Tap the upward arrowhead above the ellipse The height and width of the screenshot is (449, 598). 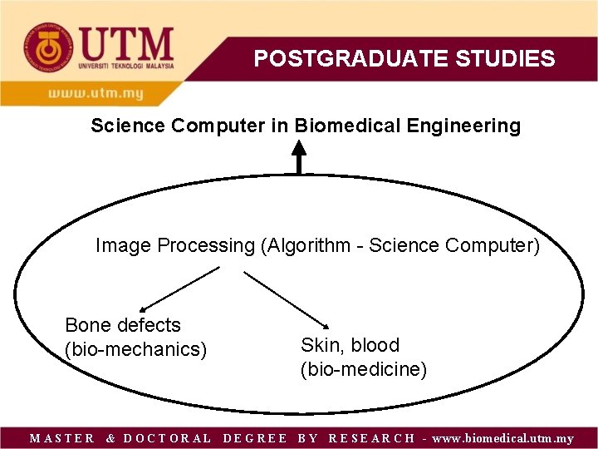299,150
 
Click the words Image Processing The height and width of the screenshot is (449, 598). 174,246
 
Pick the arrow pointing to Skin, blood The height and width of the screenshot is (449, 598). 287,298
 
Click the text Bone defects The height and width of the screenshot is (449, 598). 122,325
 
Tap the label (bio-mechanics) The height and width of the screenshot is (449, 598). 135,349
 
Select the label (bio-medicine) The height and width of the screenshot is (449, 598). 364,369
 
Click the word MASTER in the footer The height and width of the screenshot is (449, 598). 62,438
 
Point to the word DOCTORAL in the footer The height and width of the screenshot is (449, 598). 167,438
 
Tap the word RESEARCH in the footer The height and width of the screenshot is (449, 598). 372,438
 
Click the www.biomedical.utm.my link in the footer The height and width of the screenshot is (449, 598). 502,438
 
